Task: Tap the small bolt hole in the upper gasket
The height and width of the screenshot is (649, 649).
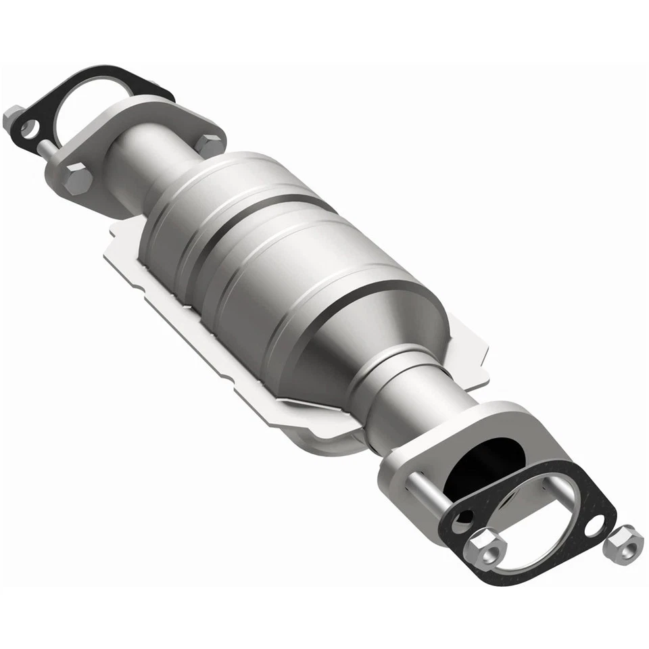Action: coord(28,126)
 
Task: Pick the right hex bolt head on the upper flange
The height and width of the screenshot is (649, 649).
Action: coord(210,143)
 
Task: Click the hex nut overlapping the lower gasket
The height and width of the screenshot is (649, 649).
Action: coord(485,546)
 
